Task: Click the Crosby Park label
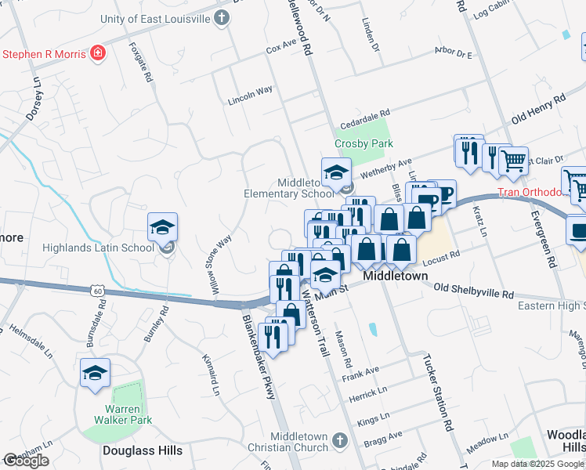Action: click(x=363, y=144)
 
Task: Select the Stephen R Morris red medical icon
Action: click(x=99, y=54)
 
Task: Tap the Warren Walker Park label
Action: click(x=124, y=414)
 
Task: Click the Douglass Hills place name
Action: click(x=143, y=450)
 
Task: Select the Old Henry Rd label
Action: click(x=538, y=109)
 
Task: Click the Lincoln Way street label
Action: click(x=250, y=96)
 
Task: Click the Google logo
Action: click(x=26, y=461)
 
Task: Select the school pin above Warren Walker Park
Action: click(x=95, y=373)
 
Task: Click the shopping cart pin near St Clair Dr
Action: click(x=513, y=161)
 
